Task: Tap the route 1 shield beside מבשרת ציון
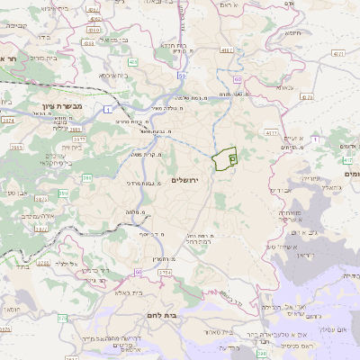click(108, 109)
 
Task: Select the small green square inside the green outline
click(232, 158)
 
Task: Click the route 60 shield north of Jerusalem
click(236, 80)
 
